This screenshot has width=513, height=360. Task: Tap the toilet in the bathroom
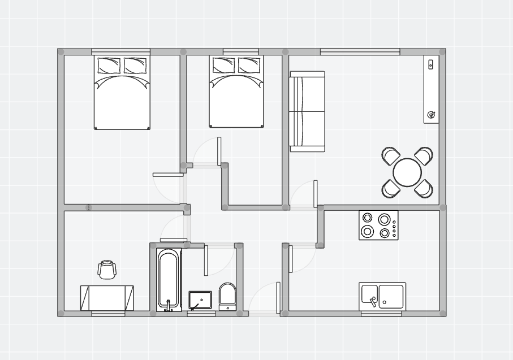tap(227, 296)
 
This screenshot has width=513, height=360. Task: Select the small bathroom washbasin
tap(200, 300)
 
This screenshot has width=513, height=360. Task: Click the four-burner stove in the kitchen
tap(378, 225)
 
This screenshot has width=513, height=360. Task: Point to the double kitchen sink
tap(382, 296)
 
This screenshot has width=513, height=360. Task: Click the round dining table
tap(407, 172)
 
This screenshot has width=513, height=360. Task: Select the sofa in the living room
tap(307, 111)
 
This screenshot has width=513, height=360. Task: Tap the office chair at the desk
tap(107, 270)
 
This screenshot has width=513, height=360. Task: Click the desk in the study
tap(107, 298)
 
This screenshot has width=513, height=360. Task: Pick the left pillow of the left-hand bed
tap(109, 66)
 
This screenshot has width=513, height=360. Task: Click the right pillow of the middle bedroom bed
tap(249, 66)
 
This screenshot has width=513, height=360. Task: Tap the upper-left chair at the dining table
tap(391, 156)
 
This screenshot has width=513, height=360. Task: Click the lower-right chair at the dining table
tap(424, 188)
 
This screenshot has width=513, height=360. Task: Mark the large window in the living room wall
tap(360, 52)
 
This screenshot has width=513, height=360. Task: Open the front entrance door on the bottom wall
tap(278, 297)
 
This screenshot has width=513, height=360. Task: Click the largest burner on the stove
tap(385, 219)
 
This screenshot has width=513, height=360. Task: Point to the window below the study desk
tap(108, 314)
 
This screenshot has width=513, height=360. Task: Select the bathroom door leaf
tap(206, 260)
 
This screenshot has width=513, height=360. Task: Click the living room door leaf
tap(315, 194)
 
